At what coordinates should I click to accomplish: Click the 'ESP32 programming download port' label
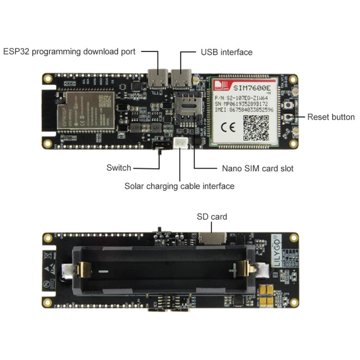(70, 52)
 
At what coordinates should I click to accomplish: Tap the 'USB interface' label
(226, 52)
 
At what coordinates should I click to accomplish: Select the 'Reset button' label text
(331, 117)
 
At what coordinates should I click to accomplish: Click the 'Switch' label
(119, 168)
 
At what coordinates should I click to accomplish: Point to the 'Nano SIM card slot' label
(257, 168)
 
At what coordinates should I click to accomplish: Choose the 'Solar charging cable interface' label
(180, 186)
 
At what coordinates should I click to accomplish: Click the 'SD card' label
(212, 216)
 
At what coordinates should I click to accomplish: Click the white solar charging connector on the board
(181, 143)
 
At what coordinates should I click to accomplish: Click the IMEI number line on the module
(244, 110)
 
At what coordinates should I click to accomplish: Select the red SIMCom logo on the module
(221, 86)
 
